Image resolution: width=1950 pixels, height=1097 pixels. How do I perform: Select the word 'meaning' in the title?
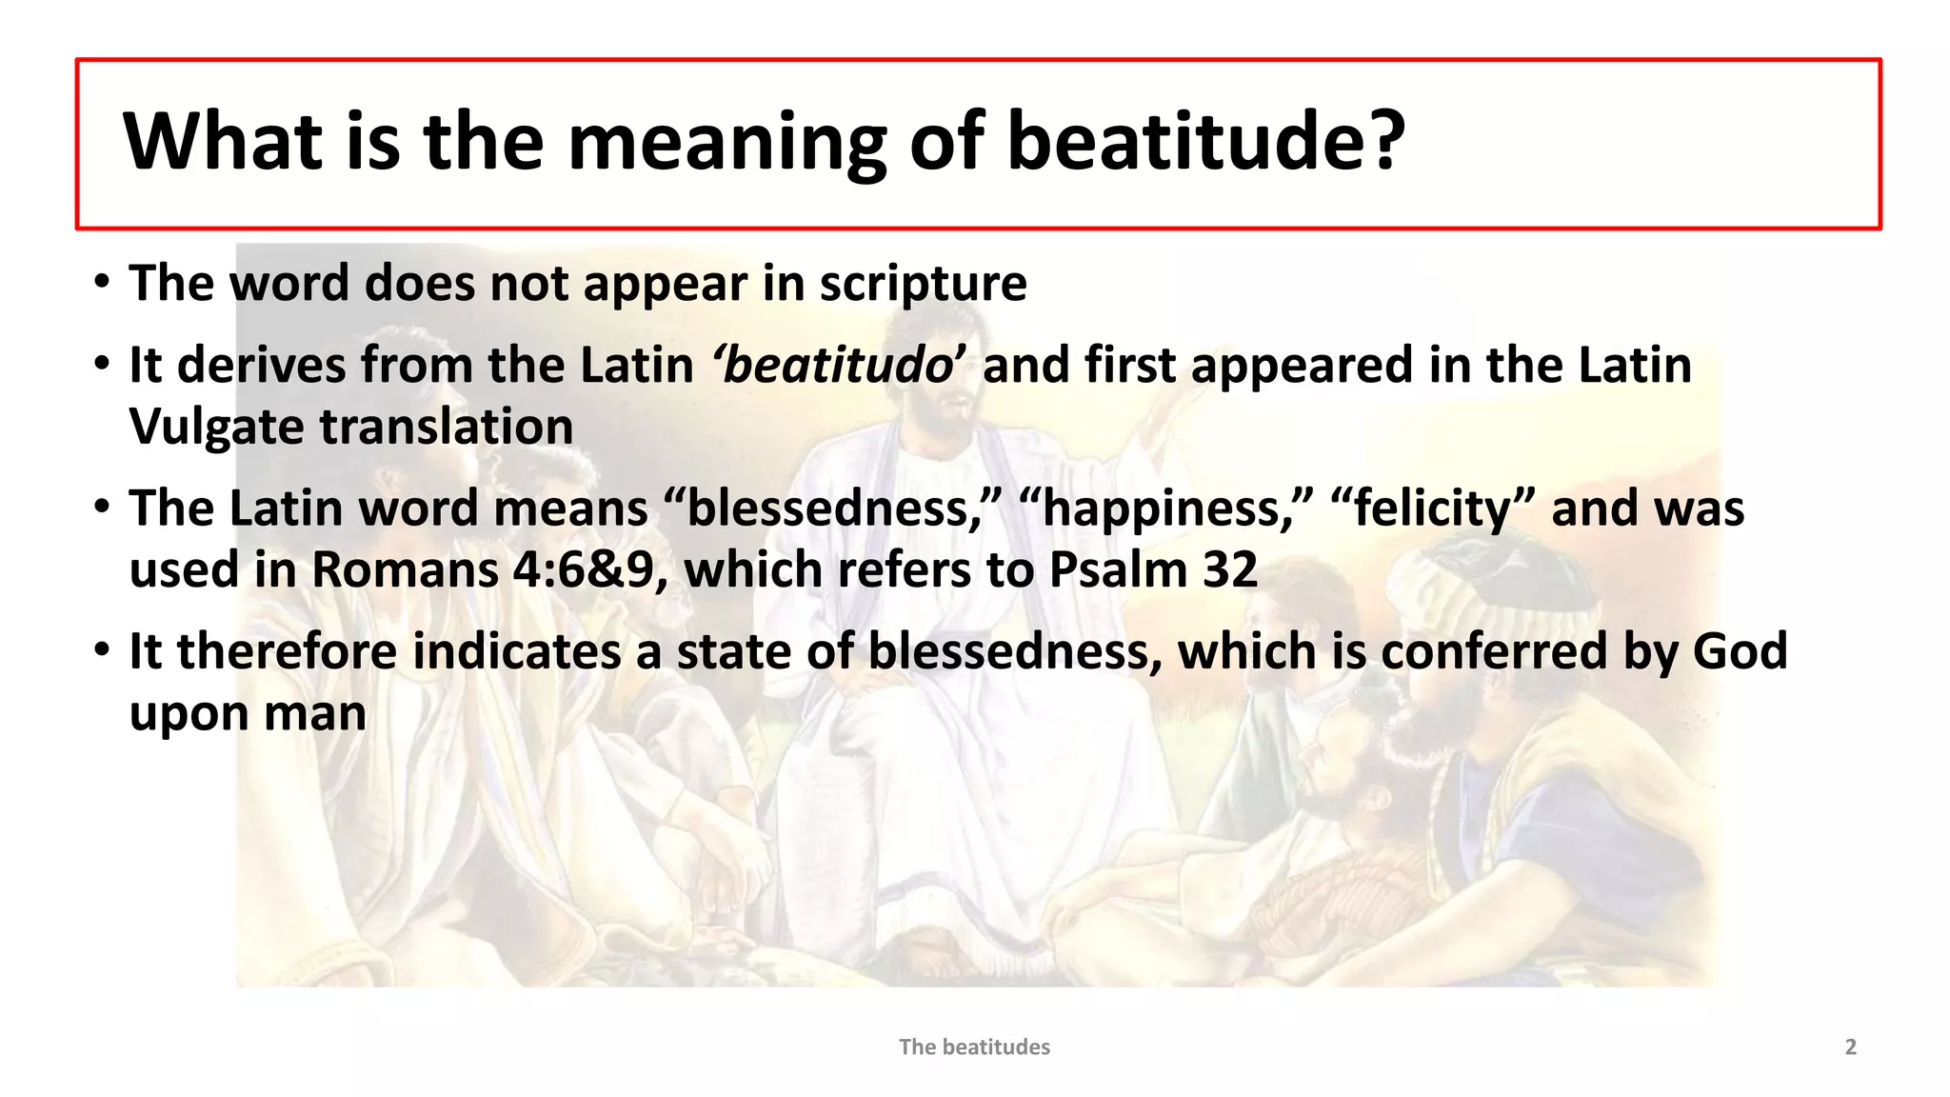[726, 143]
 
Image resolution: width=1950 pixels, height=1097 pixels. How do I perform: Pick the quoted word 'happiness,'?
[1167, 509]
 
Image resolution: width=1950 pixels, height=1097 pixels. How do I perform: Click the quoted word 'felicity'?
[1432, 509]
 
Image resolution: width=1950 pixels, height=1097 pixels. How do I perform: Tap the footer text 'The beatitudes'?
[974, 1047]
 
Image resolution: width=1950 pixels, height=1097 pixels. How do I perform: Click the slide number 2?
[1850, 1047]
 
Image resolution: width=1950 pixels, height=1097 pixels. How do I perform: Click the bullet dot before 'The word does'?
[101, 283]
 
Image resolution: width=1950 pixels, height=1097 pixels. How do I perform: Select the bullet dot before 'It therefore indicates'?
[101, 651]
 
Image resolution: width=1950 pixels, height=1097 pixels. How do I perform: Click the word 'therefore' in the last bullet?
[287, 652]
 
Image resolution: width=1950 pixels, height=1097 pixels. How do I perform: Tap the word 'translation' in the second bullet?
[446, 428]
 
